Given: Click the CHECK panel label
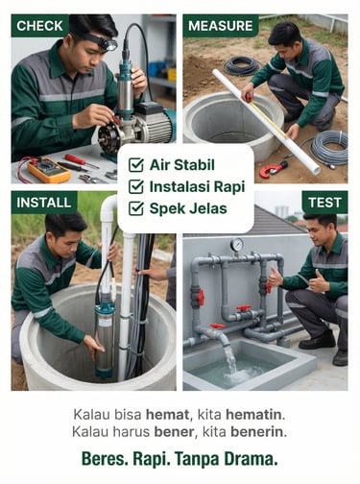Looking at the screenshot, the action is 40,26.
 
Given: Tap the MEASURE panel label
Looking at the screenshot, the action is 221,26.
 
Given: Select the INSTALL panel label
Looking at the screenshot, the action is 44,203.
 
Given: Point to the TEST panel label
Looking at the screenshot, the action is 324,203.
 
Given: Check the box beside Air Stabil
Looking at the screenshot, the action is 136,165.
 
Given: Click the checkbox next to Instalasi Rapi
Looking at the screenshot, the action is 136,187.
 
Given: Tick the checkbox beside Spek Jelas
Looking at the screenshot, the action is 136,208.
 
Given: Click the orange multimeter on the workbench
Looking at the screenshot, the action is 48,170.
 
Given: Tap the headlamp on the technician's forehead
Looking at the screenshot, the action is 108,44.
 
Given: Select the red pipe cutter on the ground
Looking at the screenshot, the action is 273,169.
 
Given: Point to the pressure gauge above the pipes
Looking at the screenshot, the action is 237,246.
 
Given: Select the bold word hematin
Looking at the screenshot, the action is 255,415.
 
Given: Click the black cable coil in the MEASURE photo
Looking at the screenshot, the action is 241,65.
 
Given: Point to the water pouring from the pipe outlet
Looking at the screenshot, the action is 229,357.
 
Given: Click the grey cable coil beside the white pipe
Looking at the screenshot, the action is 329,147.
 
